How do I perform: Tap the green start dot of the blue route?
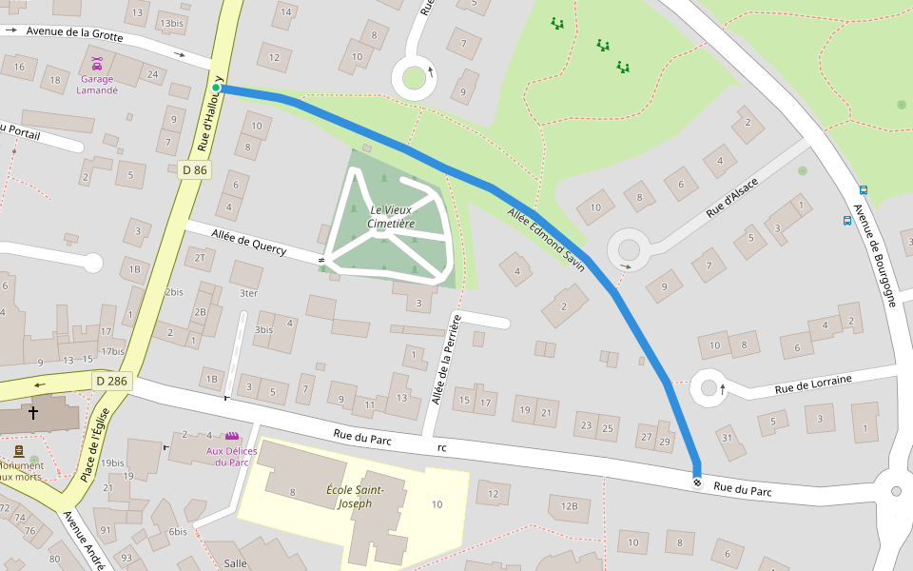point(216,89)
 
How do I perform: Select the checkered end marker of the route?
point(697,483)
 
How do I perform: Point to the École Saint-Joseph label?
point(355,496)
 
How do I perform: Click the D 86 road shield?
point(194,169)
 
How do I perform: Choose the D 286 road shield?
point(111,381)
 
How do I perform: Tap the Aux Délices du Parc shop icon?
point(227,437)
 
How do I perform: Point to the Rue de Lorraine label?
point(813,384)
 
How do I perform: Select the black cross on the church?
point(33,413)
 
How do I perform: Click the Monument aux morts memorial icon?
point(19,451)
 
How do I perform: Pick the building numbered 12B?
point(569,505)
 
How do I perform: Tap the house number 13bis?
point(172,23)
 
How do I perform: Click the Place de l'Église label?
point(97,443)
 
